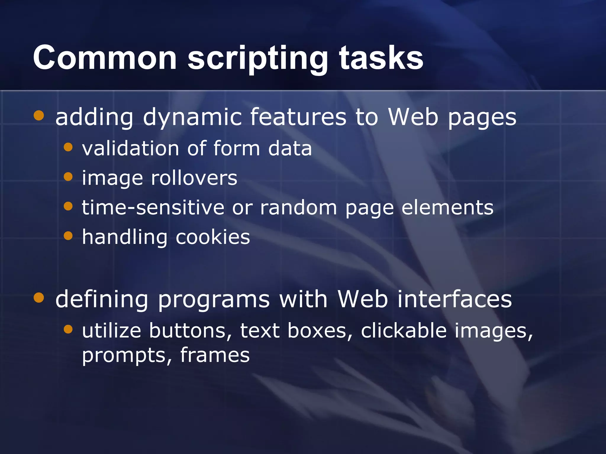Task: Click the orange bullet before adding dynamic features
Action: tap(39, 116)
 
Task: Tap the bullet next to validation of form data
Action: tap(68, 147)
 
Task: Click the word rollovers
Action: tap(194, 178)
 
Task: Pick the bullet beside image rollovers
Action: tap(68, 177)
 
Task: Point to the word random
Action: tap(299, 207)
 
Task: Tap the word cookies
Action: tap(213, 237)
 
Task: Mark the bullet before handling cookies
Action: tap(68, 236)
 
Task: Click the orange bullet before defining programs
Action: tap(39, 298)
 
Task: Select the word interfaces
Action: tap(454, 299)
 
